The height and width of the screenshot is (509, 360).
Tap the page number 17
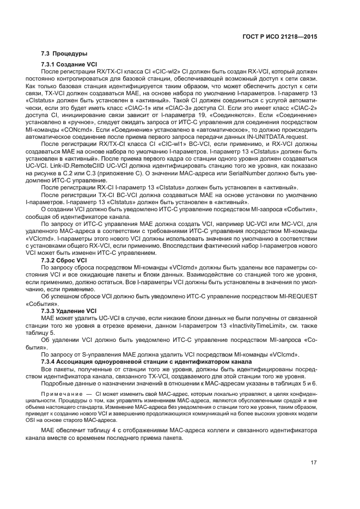tap(314, 463)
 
